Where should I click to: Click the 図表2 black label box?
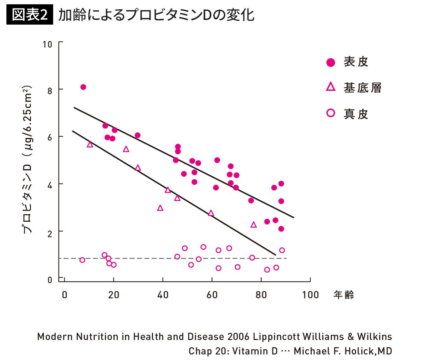pyautogui.click(x=30, y=15)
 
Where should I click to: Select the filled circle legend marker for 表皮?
pyautogui.click(x=331, y=62)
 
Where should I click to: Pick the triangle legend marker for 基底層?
pyautogui.click(x=331, y=87)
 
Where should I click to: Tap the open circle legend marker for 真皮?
pyautogui.click(x=331, y=113)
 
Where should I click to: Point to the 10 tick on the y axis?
pyautogui.click(x=47, y=44)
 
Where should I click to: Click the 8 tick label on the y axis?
pyautogui.click(x=50, y=91)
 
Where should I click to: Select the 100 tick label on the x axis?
pyautogui.click(x=310, y=295)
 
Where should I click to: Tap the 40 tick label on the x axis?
pyautogui.click(x=163, y=295)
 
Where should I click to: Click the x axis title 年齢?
pyautogui.click(x=343, y=295)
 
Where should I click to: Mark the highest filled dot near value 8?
pyautogui.click(x=83, y=87)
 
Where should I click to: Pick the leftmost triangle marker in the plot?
pyautogui.click(x=90, y=144)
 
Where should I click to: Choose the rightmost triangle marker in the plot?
pyautogui.click(x=254, y=225)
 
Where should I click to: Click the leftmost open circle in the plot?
pyautogui.click(x=82, y=260)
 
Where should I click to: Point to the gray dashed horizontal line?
pyautogui.click(x=143, y=258)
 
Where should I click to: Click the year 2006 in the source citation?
pyautogui.click(x=239, y=337)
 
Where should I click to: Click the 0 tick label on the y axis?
pyautogui.click(x=50, y=280)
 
